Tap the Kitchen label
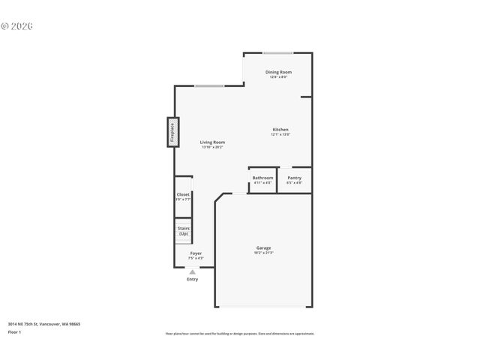pyautogui.click(x=280, y=130)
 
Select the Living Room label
pyautogui.click(x=212, y=142)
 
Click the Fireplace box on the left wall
pyautogui.click(x=172, y=131)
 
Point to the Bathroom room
pyautogui.click(x=262, y=180)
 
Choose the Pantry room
pyautogui.click(x=294, y=180)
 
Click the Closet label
pyautogui.click(x=183, y=194)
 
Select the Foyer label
pyautogui.click(x=195, y=253)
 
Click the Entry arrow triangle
pyautogui.click(x=193, y=272)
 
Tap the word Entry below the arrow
pyautogui.click(x=193, y=280)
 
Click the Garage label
pyautogui.click(x=264, y=247)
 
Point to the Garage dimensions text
pyautogui.click(x=264, y=253)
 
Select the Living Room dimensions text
pyautogui.click(x=212, y=147)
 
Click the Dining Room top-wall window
pyautogui.click(x=277, y=52)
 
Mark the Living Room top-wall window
pyautogui.click(x=209, y=85)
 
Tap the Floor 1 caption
pyautogui.click(x=14, y=331)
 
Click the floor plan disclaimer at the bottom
pyautogui.click(x=240, y=334)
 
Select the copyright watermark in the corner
pyautogui.click(x=17, y=26)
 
